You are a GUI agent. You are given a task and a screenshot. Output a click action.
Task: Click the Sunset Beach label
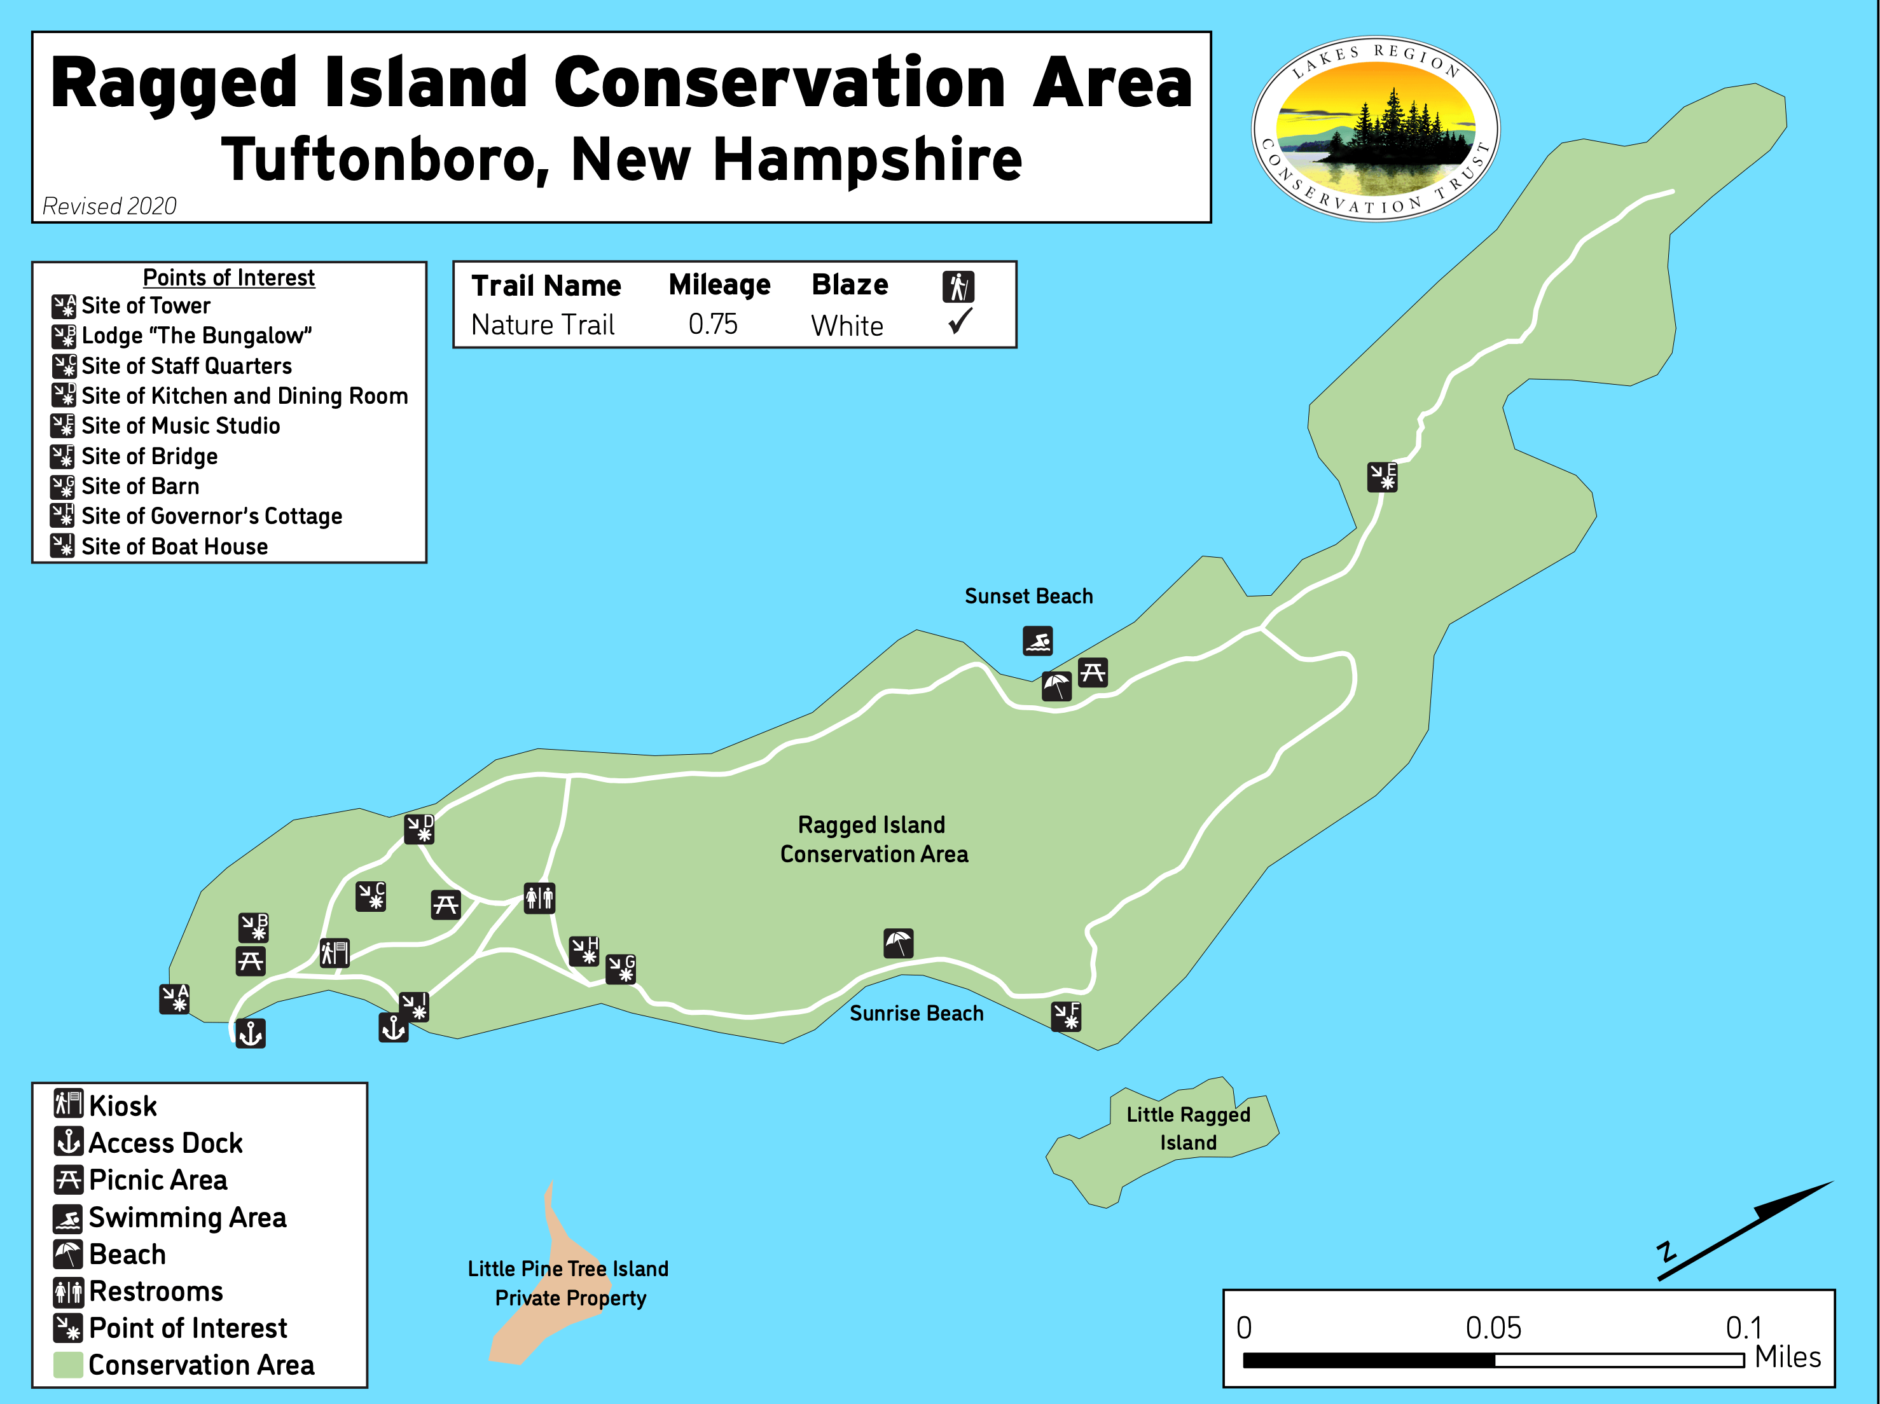point(1028,596)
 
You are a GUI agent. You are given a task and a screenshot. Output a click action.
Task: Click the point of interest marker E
point(1382,477)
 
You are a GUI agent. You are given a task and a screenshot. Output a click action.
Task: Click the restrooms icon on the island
point(539,897)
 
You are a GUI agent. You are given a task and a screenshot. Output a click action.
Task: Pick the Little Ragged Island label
point(1187,1128)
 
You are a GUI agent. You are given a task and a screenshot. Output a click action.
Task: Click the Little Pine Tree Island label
point(568,1269)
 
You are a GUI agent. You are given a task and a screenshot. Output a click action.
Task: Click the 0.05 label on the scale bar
point(1493,1328)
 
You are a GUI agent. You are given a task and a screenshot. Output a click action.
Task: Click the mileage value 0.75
point(712,325)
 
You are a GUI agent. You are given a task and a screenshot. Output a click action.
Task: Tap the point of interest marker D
point(419,829)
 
